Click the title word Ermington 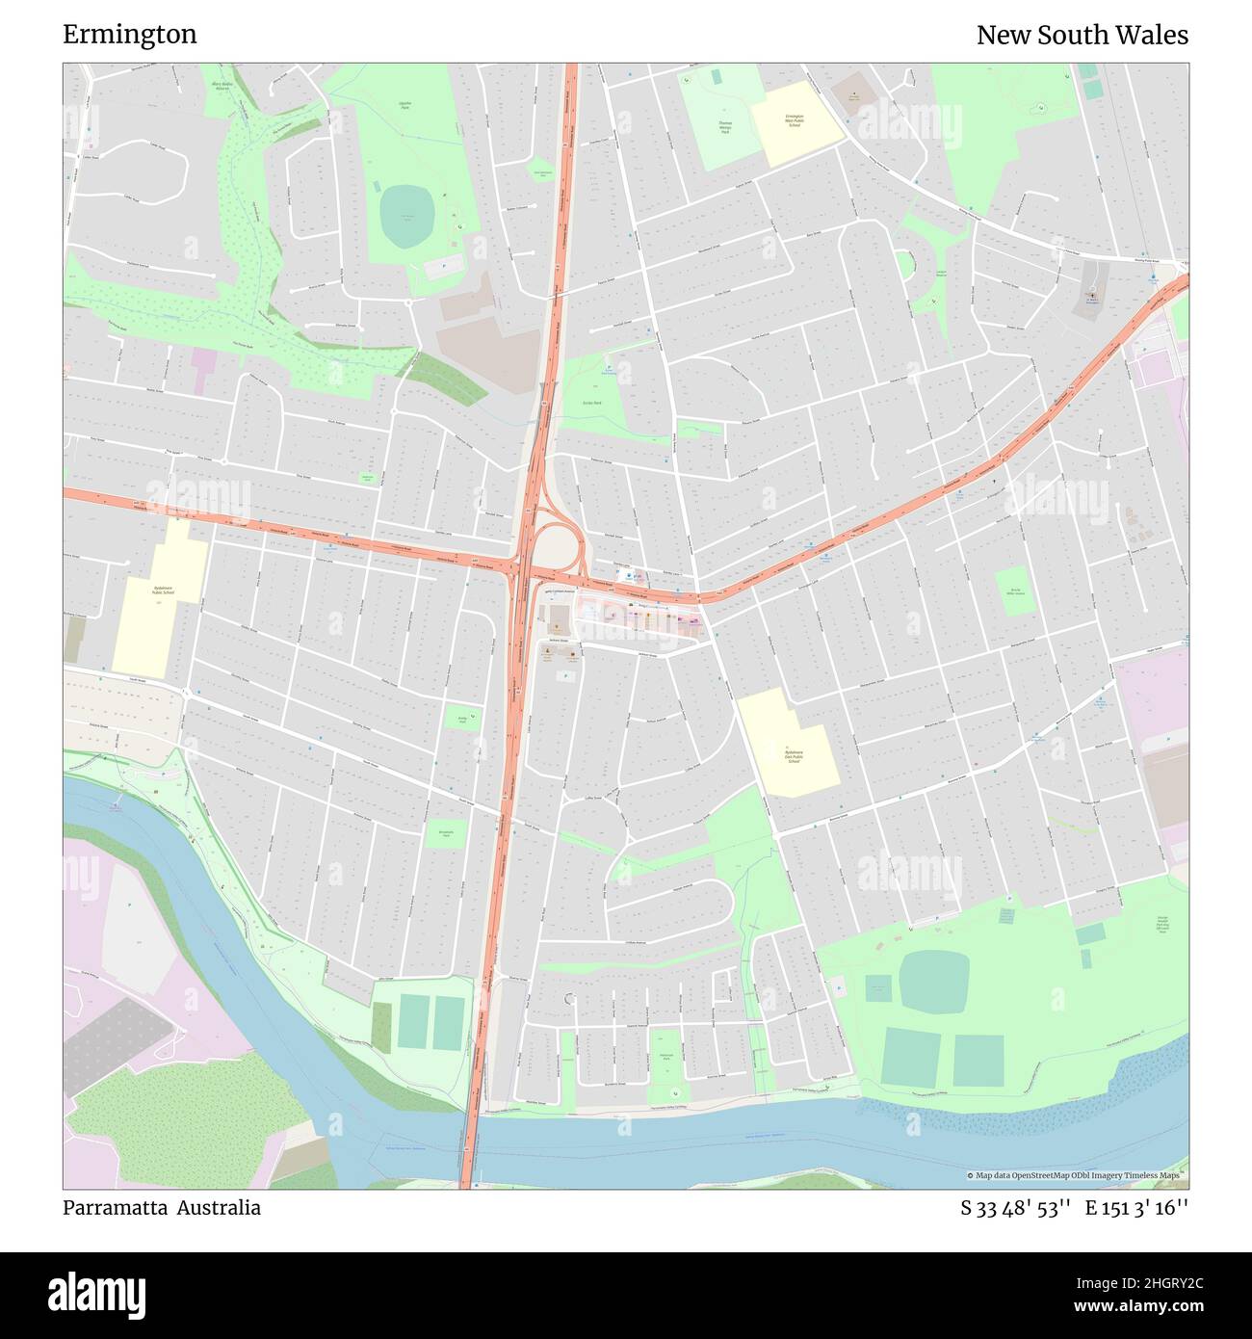click(x=130, y=35)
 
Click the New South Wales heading click(x=1082, y=35)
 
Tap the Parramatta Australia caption click(x=162, y=1208)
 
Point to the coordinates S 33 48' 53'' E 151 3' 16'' click(x=1074, y=1208)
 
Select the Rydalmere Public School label click(x=162, y=591)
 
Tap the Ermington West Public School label click(x=795, y=120)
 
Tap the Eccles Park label click(x=592, y=403)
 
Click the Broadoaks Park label click(x=445, y=834)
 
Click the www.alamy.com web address click(x=1122, y=1306)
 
